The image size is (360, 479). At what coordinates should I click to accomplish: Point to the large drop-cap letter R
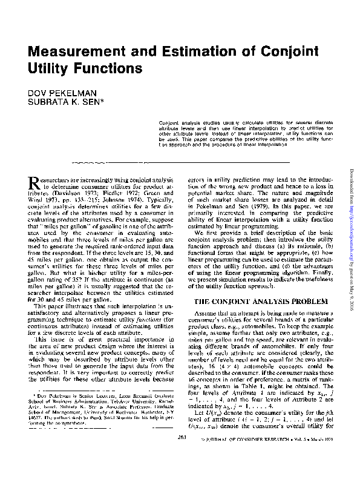point(34,182)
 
